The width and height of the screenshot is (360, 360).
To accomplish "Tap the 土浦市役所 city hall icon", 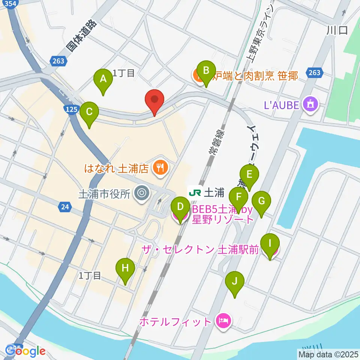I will (x=142, y=193).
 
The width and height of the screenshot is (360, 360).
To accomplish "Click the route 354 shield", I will (x=11, y=3).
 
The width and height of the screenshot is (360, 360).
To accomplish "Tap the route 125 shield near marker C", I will (x=73, y=109).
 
